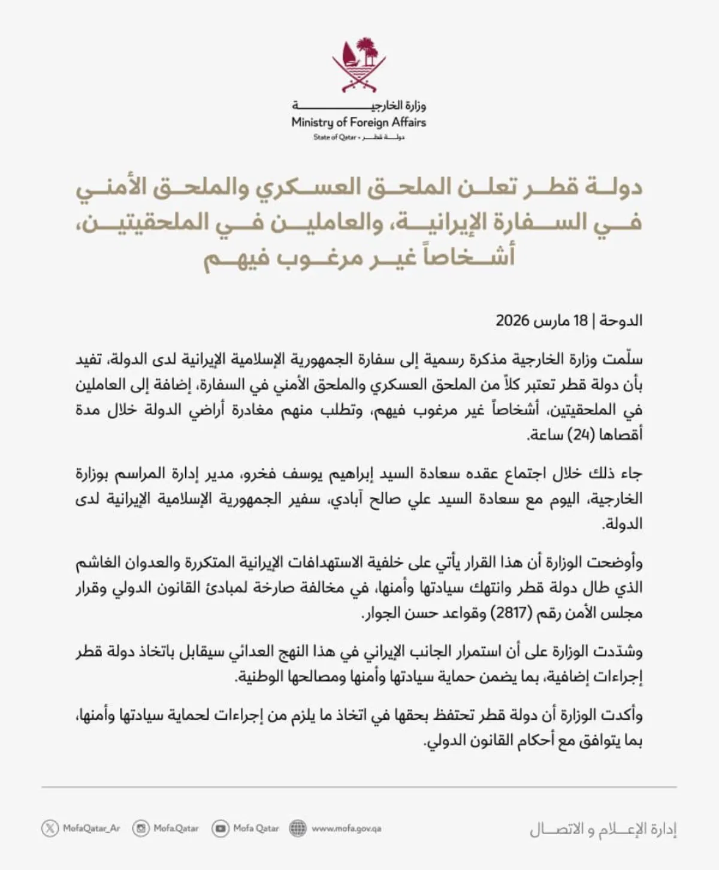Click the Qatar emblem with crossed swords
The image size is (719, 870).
click(359, 65)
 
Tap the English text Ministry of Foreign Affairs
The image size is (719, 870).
click(358, 123)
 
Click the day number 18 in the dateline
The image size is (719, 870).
click(581, 321)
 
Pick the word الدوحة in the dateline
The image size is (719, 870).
click(620, 321)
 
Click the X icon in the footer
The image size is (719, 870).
click(50, 829)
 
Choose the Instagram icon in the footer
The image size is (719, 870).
click(141, 829)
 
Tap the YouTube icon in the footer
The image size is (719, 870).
click(220, 829)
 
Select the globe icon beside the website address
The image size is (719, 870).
click(298, 829)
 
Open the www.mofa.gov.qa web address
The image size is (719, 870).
click(346, 829)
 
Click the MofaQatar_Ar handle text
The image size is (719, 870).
click(91, 829)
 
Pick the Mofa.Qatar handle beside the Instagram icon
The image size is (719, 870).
click(176, 829)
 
